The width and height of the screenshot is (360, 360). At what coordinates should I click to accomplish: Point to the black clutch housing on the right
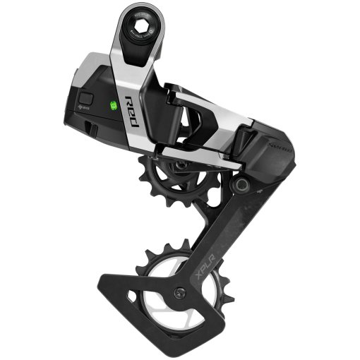(x=265, y=152)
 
